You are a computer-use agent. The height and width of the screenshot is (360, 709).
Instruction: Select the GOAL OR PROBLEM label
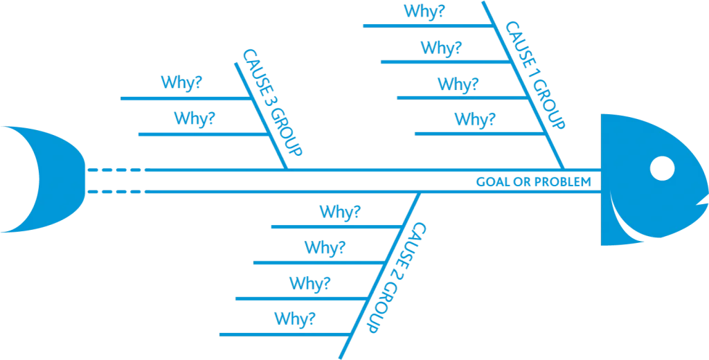coord(533,182)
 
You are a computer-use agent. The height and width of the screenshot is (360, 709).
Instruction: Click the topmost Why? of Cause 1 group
coord(424,12)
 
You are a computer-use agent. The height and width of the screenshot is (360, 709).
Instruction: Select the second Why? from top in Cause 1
coord(441,48)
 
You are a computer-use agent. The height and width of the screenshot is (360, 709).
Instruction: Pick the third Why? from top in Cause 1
coord(457,84)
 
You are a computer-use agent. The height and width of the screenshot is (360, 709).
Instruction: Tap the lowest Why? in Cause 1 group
coord(474,120)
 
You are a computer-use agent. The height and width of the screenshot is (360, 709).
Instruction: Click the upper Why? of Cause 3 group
coord(181,82)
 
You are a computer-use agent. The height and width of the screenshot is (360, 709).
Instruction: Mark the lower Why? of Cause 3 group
coord(195,118)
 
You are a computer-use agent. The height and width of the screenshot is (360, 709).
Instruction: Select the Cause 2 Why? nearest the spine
coord(339,212)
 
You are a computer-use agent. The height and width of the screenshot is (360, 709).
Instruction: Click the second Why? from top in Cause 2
coord(325,247)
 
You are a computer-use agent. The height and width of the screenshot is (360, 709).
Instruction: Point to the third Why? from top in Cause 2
coord(309,283)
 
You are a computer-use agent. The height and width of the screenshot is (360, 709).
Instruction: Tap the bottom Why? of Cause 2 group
coord(295,318)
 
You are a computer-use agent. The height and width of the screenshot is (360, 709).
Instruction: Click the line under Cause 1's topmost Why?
coord(422,26)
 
